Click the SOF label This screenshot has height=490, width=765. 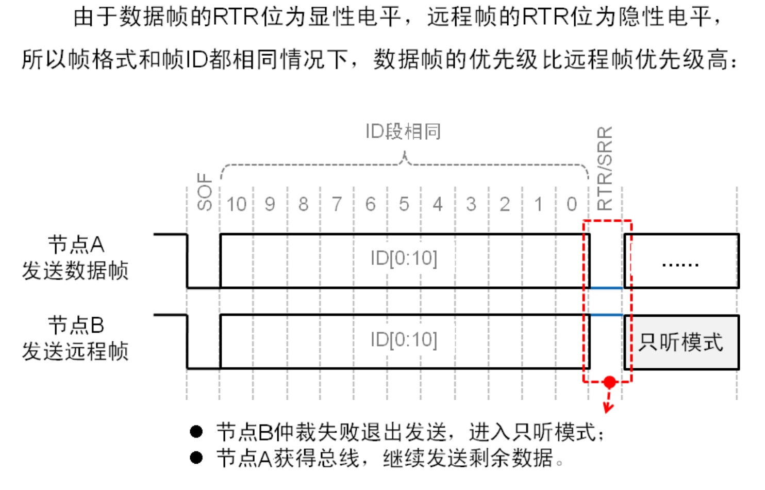(x=205, y=192)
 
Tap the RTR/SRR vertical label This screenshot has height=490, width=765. (x=605, y=168)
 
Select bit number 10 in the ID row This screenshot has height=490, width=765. (x=237, y=204)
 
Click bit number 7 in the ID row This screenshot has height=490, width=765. (x=337, y=204)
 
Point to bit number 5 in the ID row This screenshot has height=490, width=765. (x=404, y=204)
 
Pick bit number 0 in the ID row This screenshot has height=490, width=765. (x=572, y=204)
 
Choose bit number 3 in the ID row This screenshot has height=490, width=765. (x=471, y=204)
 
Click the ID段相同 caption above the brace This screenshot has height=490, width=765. (x=403, y=132)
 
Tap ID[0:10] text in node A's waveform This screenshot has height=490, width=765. (x=404, y=258)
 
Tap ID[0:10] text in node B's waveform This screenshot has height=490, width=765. (x=404, y=339)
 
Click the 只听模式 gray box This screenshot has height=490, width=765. (x=681, y=342)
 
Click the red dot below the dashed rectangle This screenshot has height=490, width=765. (x=610, y=382)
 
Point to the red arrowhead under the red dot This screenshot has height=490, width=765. (x=608, y=409)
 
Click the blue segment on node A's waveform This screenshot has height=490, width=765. (x=606, y=288)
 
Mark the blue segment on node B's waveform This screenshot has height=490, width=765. (x=606, y=315)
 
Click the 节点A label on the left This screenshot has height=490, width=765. (x=76, y=244)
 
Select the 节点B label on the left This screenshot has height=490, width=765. (x=76, y=325)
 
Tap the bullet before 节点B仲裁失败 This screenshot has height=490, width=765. (x=196, y=432)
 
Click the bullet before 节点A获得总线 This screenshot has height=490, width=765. (x=196, y=458)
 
